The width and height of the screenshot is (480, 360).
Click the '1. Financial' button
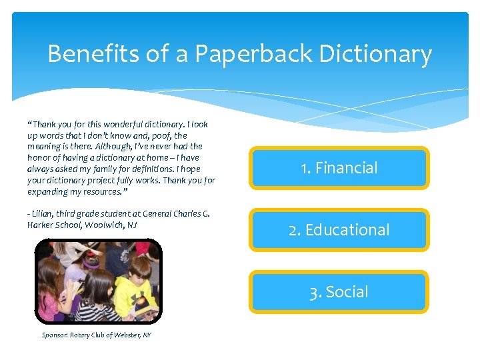tap(339, 168)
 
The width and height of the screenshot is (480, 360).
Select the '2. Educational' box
tap(339, 230)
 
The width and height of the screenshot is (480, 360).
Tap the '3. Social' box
tap(339, 292)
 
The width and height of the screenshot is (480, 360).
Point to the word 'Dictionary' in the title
tap(376, 54)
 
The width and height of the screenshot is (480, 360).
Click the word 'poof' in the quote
tap(151, 135)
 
